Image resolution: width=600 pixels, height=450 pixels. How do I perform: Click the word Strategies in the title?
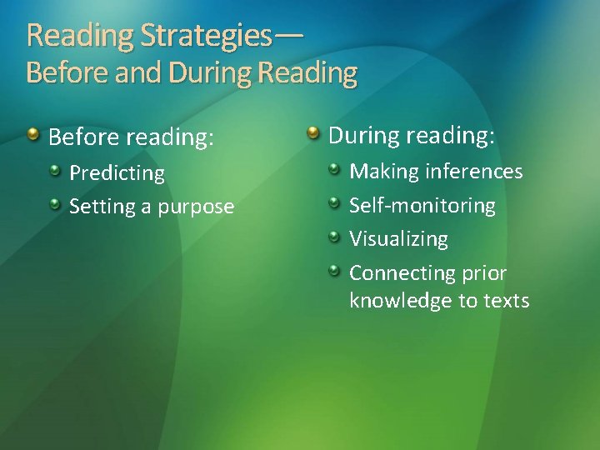[x=207, y=35]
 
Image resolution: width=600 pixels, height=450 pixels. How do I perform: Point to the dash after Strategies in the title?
[x=287, y=35]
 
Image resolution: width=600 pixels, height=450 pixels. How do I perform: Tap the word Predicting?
[x=117, y=173]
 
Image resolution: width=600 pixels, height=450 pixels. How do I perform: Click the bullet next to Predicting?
[x=55, y=170]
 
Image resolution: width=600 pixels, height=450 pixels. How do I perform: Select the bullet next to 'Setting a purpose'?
[x=55, y=203]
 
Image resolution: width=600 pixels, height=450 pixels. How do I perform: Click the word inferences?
[x=474, y=172]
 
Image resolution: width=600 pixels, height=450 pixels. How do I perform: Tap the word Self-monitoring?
[x=422, y=205]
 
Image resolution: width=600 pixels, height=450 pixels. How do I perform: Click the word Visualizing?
[x=398, y=239]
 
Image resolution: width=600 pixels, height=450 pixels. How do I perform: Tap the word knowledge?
[x=401, y=301]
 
